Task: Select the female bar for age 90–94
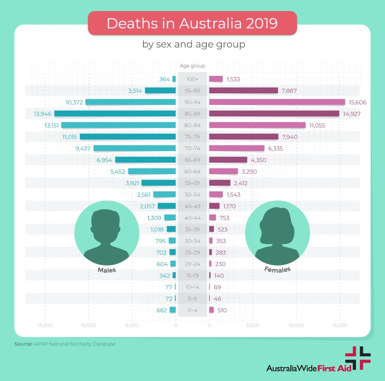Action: tap(277, 102)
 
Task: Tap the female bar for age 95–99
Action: tap(244, 90)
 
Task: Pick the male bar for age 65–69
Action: tap(145, 160)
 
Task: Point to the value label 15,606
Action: tap(359, 102)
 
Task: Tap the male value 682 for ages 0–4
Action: tap(162, 310)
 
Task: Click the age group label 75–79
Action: tap(192, 137)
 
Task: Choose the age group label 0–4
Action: tap(192, 310)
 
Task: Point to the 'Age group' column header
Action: tap(192, 66)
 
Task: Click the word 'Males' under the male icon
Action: tap(107, 270)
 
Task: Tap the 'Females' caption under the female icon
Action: tap(277, 269)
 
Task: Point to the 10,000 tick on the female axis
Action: tap(296, 326)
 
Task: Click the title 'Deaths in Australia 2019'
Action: tap(192, 24)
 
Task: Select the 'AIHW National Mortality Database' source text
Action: tap(74, 344)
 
